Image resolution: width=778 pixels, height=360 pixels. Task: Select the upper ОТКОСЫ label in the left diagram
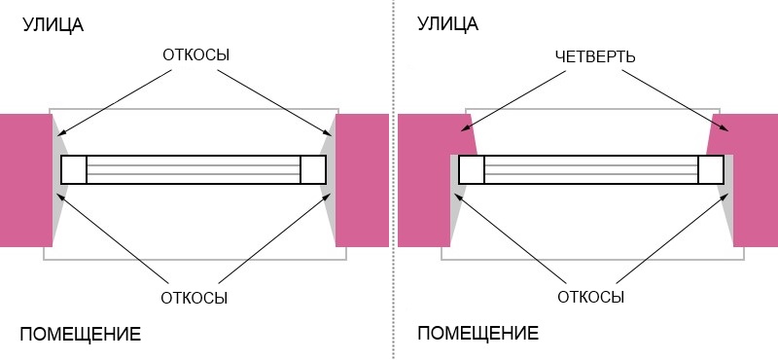(195, 55)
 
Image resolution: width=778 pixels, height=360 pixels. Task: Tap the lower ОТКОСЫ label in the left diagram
(195, 297)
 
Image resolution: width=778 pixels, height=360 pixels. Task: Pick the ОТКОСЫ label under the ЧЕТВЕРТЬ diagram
(591, 297)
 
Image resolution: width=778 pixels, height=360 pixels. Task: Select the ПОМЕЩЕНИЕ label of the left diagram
(80, 335)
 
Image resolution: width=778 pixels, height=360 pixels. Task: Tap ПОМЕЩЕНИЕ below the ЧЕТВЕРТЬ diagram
(478, 335)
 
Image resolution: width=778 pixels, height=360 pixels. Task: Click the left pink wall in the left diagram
(25, 180)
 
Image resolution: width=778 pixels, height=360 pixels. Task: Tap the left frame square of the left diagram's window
(74, 169)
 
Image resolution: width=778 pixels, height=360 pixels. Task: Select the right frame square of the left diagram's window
(313, 169)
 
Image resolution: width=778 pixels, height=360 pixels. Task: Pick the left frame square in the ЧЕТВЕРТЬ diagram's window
(472, 169)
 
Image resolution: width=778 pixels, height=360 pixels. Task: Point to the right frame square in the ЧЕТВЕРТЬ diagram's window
(711, 169)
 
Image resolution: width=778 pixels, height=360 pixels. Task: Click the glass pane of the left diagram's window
(194, 169)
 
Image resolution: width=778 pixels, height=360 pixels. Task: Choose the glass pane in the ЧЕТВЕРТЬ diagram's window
(591, 169)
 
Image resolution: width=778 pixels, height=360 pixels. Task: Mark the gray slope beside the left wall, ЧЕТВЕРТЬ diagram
(453, 209)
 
